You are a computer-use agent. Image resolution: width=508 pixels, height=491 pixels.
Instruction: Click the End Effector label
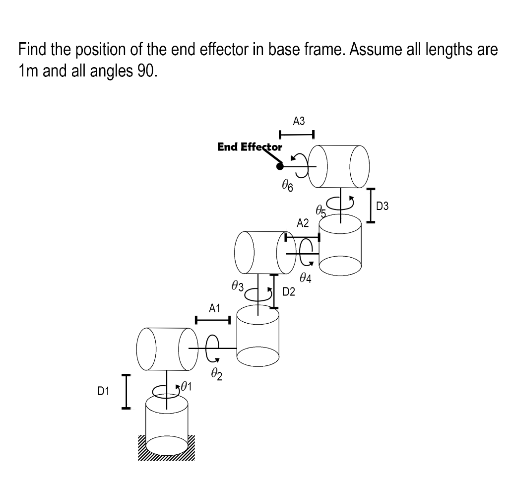[250, 147]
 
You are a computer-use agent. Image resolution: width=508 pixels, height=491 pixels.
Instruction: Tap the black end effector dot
[280, 166]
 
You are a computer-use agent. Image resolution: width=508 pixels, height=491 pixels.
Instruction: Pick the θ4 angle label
[306, 279]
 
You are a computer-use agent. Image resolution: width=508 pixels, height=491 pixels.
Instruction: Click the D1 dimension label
[103, 392]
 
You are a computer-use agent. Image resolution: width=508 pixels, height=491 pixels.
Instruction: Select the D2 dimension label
[289, 292]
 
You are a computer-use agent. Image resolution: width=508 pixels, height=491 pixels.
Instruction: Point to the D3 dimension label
[383, 206]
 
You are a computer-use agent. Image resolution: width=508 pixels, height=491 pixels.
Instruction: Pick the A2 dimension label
[303, 223]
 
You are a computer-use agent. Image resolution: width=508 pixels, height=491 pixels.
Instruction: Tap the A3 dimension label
[299, 121]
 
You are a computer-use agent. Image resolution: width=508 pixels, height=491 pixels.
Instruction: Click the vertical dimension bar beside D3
[370, 206]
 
